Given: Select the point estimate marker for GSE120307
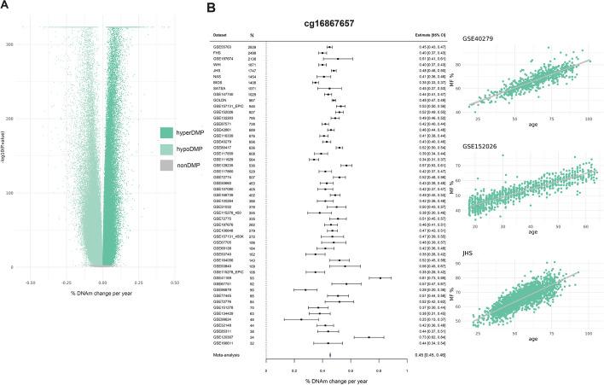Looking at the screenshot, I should [x=369, y=336].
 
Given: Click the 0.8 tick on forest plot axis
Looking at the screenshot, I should [x=379, y=370].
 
